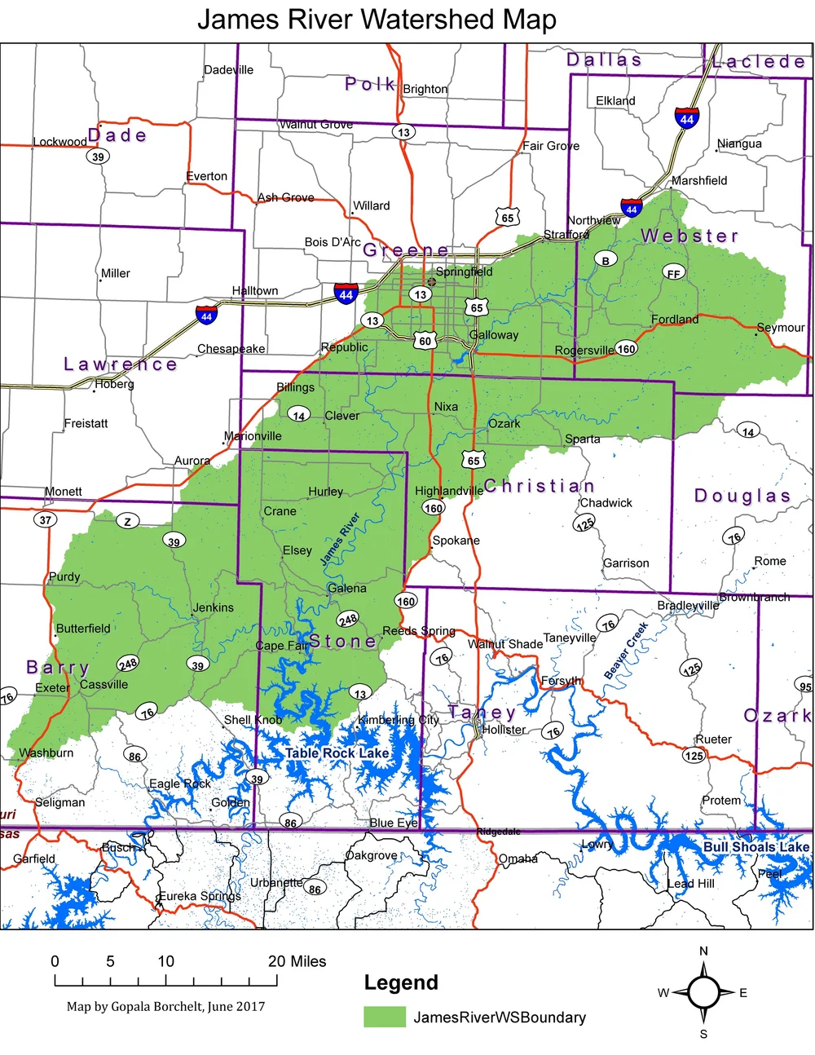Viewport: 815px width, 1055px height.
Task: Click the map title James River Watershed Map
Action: [377, 19]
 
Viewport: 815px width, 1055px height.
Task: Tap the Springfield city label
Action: [464, 271]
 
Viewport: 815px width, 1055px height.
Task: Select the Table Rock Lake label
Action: [337, 753]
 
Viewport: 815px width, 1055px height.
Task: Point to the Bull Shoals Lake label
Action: [756, 847]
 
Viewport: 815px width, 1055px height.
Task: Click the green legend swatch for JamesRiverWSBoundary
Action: [384, 1017]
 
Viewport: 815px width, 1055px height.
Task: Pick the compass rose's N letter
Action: [703, 951]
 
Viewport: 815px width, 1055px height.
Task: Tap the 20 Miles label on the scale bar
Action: [297, 961]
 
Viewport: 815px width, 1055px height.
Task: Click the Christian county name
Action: [539, 486]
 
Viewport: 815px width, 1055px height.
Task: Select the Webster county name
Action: [689, 236]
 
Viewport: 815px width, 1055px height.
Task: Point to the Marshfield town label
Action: [699, 180]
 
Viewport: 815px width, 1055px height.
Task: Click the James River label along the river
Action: [340, 539]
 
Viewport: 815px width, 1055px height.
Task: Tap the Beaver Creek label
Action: [626, 651]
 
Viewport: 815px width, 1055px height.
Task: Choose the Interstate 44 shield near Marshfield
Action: [687, 118]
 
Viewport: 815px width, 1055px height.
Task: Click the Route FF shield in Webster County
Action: [673, 273]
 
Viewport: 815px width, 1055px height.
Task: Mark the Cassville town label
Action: [104, 684]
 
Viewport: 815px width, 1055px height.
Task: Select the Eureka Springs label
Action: [199, 896]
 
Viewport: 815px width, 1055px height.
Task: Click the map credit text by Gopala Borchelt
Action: [165, 1006]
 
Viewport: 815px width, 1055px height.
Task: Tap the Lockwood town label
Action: [59, 142]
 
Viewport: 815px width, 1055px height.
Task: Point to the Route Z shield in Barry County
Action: [127, 521]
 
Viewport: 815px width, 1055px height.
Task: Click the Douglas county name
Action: [742, 496]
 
